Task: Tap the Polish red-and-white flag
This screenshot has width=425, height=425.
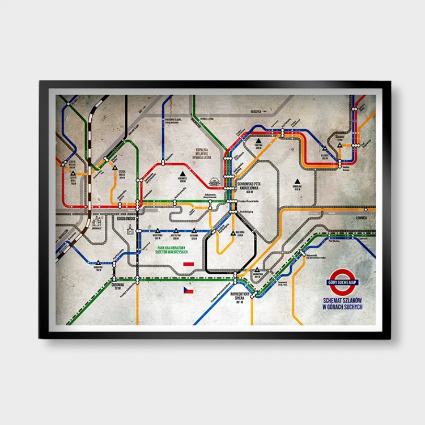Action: tap(189, 265)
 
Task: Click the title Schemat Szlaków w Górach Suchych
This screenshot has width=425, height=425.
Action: tap(342, 302)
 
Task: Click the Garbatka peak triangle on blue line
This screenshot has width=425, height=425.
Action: tap(99, 262)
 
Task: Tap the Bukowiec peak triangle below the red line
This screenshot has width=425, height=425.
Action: tap(182, 174)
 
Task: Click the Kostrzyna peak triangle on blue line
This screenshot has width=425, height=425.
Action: tap(176, 231)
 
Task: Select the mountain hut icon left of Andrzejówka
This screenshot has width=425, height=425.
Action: tap(215, 181)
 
